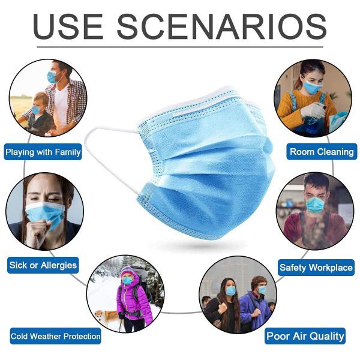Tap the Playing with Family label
[x=43, y=152]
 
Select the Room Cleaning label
[x=322, y=152]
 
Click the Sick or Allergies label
[x=43, y=265]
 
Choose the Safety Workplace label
[x=316, y=268]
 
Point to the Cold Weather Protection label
[x=55, y=336]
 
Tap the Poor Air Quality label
[x=305, y=336]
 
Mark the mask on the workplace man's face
[x=315, y=204]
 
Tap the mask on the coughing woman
[x=46, y=213]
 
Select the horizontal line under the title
[x=180, y=47]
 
